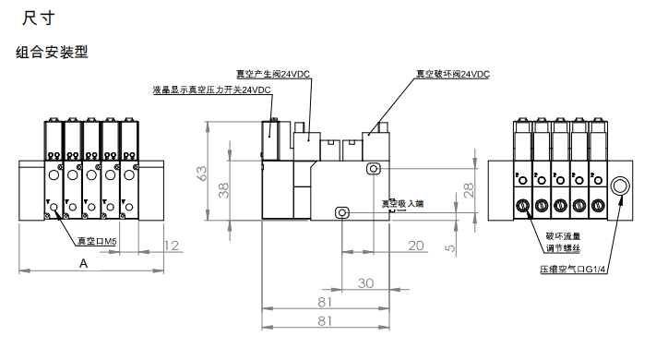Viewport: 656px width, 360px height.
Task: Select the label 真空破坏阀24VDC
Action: click(452, 73)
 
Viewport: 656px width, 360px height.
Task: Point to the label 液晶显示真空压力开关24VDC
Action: click(211, 90)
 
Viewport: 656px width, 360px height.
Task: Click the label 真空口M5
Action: click(98, 242)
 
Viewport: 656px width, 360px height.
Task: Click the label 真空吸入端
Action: click(402, 203)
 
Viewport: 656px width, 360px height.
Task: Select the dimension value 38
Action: click(222, 190)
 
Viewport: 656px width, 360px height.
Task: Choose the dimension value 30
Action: click(365, 283)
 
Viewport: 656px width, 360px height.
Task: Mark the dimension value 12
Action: click(170, 245)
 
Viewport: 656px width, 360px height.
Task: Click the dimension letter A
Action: click(85, 263)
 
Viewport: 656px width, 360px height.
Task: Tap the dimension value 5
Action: click(451, 247)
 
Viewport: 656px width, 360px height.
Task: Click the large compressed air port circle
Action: click(619, 186)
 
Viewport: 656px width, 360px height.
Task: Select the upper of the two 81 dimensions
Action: click(325, 302)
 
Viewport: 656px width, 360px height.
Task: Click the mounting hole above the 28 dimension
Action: click(373, 168)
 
